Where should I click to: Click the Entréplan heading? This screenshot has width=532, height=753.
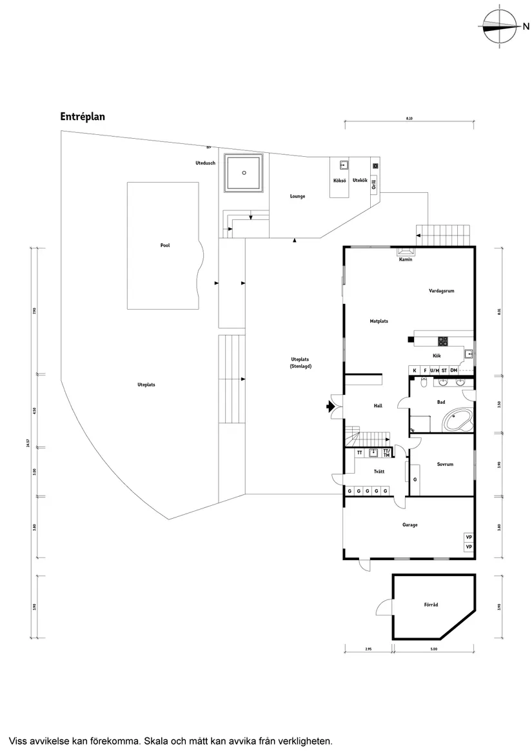(83, 117)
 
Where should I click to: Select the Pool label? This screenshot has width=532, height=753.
(165, 246)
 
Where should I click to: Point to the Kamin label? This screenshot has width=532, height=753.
(406, 259)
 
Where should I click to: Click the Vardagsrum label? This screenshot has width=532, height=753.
(442, 291)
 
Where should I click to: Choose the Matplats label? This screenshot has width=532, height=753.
(379, 321)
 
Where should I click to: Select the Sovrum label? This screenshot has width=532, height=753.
(445, 464)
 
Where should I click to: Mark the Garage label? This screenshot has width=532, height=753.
(410, 525)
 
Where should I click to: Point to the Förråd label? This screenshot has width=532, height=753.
(431, 605)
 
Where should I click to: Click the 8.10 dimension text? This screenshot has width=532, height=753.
(409, 119)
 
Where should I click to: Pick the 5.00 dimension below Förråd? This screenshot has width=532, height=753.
(433, 648)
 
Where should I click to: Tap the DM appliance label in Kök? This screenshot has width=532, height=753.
(454, 370)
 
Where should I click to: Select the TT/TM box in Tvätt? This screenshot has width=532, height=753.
(386, 453)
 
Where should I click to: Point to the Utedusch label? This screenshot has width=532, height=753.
(205, 163)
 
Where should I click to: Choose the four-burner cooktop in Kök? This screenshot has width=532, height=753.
(443, 341)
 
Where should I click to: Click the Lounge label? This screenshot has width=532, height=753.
(297, 196)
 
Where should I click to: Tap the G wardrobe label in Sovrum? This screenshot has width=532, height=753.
(415, 479)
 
